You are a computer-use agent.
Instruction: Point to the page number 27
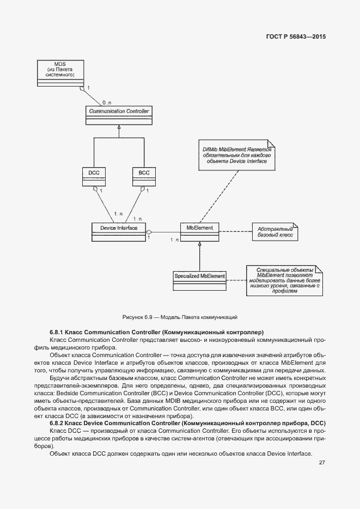coord(322,463)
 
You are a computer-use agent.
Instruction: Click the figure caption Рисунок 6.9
coord(180,317)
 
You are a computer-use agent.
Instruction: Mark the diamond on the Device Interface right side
coord(149,233)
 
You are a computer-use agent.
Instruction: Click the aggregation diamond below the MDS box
coord(82,88)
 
